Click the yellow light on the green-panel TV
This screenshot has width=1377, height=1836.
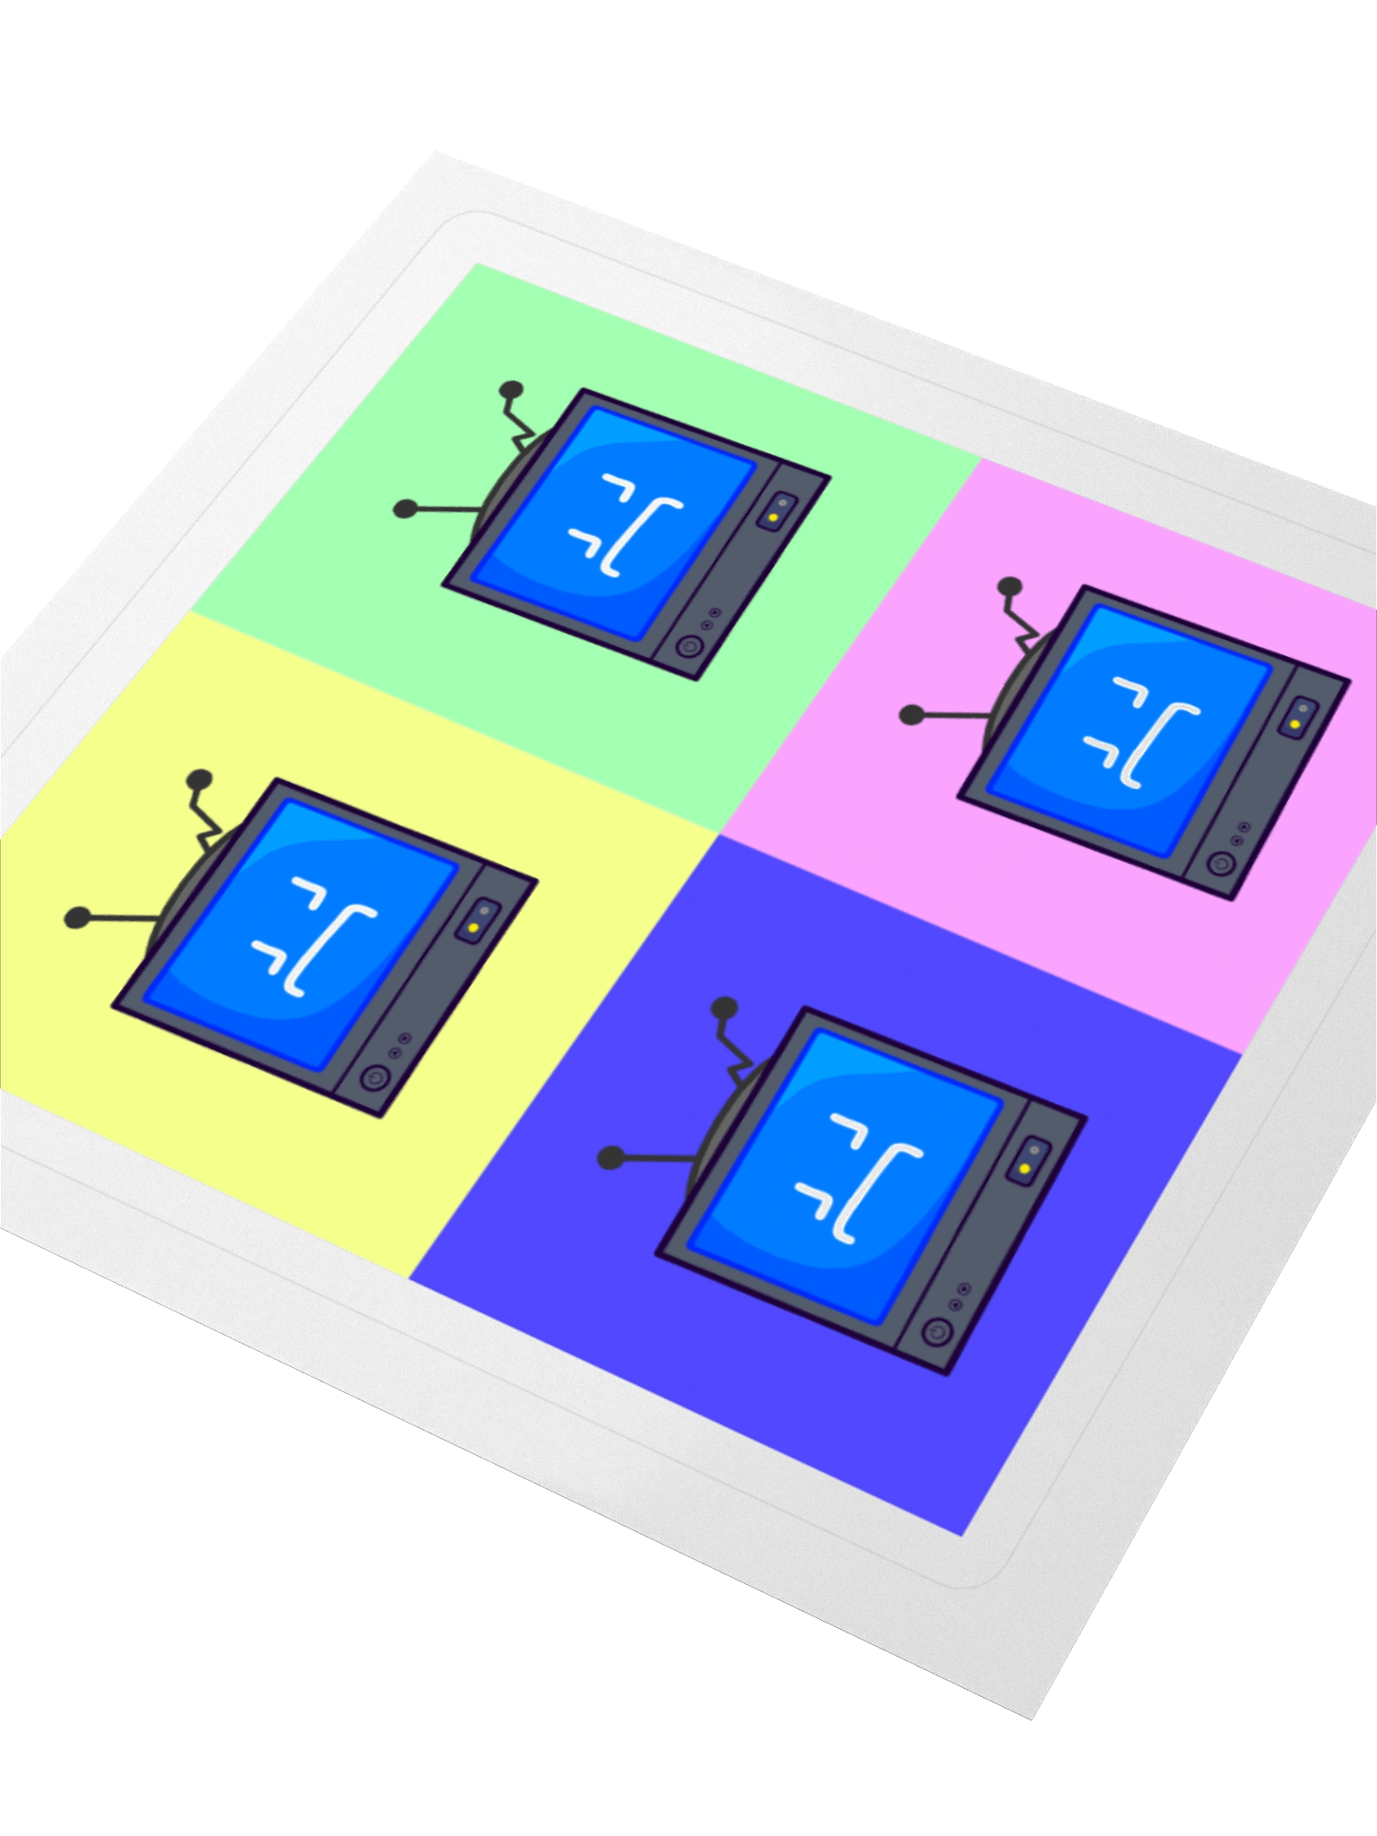click(773, 518)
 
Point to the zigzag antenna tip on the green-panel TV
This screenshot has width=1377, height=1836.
click(511, 389)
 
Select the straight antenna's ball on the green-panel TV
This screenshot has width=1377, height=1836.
click(406, 509)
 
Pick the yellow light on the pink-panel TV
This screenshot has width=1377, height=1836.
click(1295, 723)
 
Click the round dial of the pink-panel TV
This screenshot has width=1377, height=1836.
click(1218, 863)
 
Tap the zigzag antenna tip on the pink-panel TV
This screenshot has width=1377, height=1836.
click(1010, 587)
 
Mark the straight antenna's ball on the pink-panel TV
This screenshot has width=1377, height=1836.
click(912, 714)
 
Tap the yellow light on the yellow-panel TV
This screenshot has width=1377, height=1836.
click(472, 927)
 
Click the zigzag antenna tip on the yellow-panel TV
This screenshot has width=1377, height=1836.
click(198, 780)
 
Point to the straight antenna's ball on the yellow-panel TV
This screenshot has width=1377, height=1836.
click(78, 917)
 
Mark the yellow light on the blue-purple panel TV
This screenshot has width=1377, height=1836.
click(1025, 1168)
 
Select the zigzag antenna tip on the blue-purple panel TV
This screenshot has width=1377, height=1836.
click(723, 1009)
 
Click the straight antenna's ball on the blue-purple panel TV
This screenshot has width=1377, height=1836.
click(611, 1157)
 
